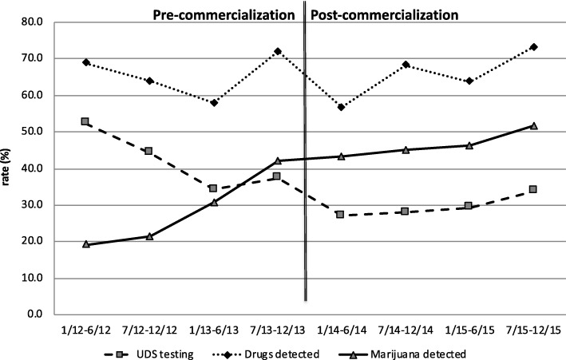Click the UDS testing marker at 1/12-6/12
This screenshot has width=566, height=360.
(x=85, y=121)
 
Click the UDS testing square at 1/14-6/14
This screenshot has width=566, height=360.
(x=342, y=214)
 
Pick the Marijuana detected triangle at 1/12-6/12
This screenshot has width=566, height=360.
(x=85, y=243)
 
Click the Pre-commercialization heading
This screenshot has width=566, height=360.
(x=226, y=14)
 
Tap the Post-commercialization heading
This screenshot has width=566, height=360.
(x=385, y=14)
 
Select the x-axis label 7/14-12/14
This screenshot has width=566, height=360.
(x=406, y=327)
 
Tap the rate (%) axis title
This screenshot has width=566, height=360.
(x=10, y=167)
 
